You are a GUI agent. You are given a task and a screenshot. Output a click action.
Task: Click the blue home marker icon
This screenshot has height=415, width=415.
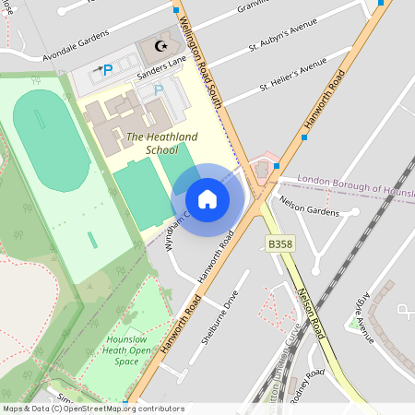coord(207,199)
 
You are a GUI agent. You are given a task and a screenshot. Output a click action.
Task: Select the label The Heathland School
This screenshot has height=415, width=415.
coord(162,143)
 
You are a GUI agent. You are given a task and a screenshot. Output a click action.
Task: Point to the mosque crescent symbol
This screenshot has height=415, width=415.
coord(162,45)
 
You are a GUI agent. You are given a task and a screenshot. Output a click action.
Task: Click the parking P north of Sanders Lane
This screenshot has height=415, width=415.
coord(108,69)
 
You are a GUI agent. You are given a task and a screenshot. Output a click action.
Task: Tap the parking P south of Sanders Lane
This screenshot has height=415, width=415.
coord(158,90)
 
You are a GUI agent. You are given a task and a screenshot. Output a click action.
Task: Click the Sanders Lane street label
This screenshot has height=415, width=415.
coord(162,64)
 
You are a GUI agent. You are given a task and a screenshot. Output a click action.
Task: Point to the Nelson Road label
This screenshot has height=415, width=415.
coord(312,314)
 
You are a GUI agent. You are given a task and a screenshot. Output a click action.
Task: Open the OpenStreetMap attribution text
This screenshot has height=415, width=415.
coord(92,409)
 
